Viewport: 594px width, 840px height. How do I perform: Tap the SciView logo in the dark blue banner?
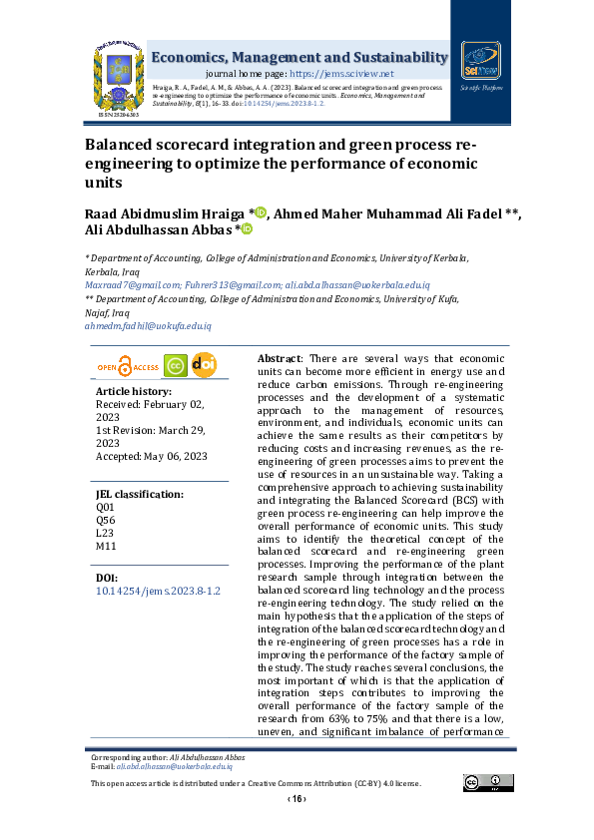(x=480, y=62)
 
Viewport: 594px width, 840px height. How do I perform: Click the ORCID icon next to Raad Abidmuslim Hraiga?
(x=261, y=211)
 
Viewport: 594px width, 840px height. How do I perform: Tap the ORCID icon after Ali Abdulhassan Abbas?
(x=246, y=229)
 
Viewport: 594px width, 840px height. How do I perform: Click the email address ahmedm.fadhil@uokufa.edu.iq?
(x=148, y=326)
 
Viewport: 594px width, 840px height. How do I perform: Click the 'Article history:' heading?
(x=134, y=392)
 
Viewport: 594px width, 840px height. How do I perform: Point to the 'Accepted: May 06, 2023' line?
(x=150, y=456)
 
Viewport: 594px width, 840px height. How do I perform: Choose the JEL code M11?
(x=105, y=547)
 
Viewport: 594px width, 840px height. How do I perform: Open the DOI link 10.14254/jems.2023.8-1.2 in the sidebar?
(x=157, y=592)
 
